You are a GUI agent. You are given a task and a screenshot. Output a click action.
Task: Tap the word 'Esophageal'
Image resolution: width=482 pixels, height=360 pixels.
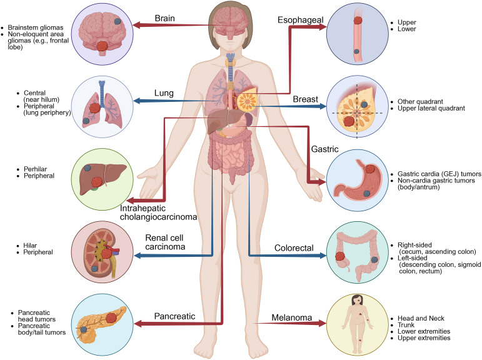tap(300, 21)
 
